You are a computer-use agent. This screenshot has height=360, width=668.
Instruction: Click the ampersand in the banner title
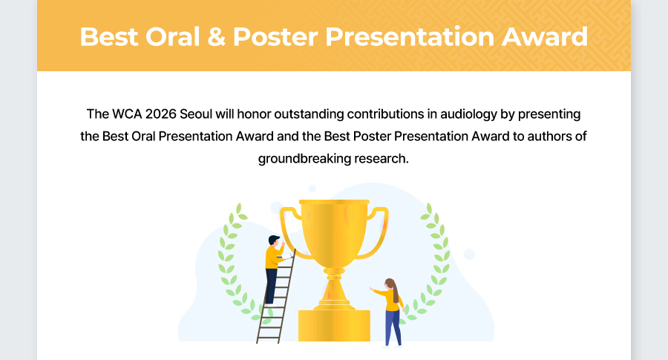point(217,36)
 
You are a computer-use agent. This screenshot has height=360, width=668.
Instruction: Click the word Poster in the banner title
point(275,36)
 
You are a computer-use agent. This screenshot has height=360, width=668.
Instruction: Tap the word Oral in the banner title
point(172,36)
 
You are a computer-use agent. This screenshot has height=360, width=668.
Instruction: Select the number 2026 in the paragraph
point(161,114)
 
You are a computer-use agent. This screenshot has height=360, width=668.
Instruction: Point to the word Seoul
point(196,114)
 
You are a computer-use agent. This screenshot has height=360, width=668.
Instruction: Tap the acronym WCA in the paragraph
point(127,114)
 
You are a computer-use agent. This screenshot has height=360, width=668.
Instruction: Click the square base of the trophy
point(334,326)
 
